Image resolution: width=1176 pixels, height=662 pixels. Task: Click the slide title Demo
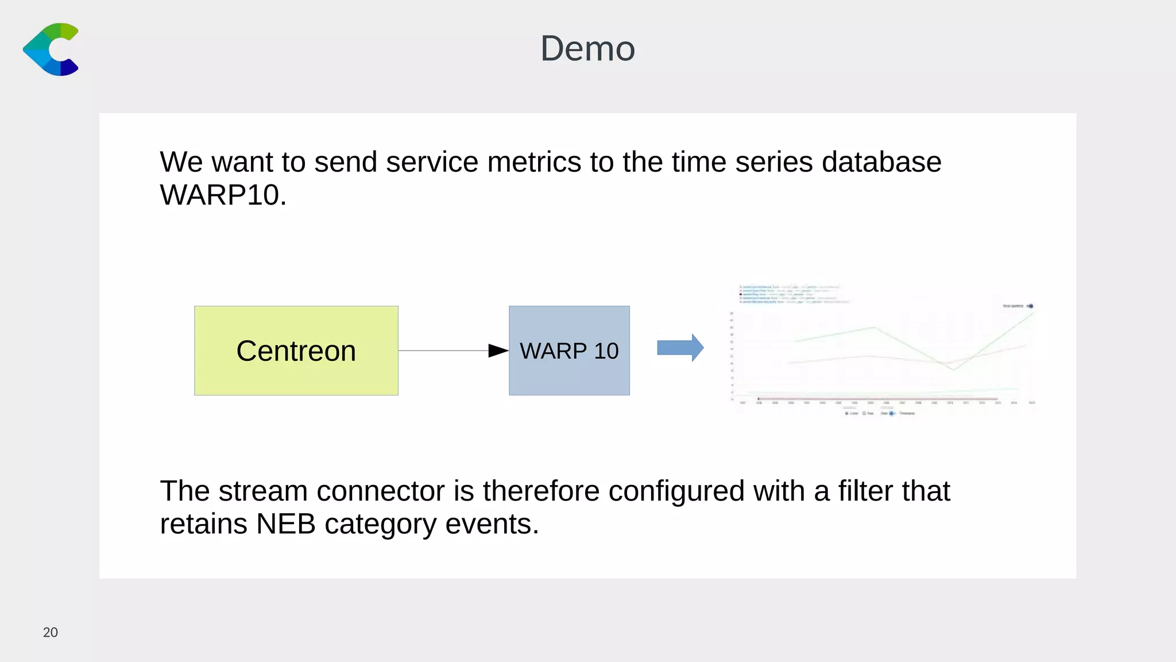(587, 48)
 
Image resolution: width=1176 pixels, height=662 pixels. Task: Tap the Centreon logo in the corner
(51, 49)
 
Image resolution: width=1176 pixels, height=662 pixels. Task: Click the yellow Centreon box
(296, 351)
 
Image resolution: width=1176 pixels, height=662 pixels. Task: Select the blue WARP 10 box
(569, 351)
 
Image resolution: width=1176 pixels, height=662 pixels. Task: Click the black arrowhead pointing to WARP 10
(498, 351)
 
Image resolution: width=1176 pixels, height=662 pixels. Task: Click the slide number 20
(51, 632)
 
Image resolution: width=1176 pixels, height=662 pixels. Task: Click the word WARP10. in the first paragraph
(223, 195)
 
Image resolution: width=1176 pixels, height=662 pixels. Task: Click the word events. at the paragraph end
(492, 524)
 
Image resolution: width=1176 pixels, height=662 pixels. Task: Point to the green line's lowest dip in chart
(953, 369)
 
